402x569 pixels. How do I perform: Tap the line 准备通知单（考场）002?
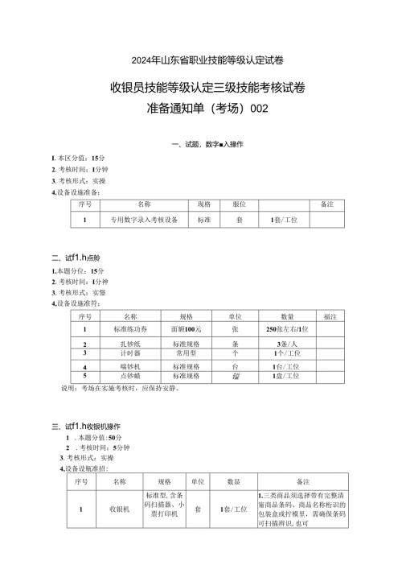coord(200,109)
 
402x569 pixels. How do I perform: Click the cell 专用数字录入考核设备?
coord(144,219)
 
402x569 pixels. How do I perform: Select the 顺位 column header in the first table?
coord(239,204)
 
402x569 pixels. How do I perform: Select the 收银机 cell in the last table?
coord(118,509)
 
